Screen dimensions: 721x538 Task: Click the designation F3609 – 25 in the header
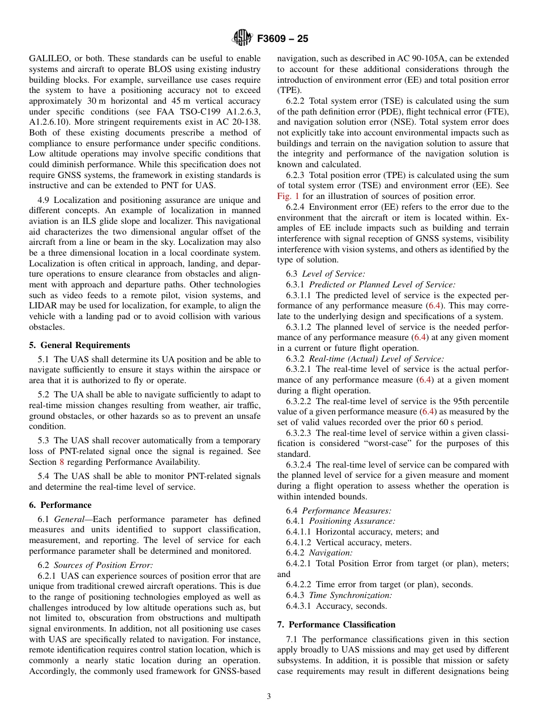(x=283, y=39)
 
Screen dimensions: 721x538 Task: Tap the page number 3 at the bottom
(x=269, y=697)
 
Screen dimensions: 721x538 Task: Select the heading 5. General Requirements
(x=79, y=345)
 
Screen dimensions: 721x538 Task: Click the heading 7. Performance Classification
(x=336, y=625)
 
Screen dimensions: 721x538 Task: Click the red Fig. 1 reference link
(x=288, y=196)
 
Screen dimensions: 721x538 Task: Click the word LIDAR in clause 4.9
(x=43, y=306)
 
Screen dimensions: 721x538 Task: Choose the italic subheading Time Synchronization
(x=350, y=595)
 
